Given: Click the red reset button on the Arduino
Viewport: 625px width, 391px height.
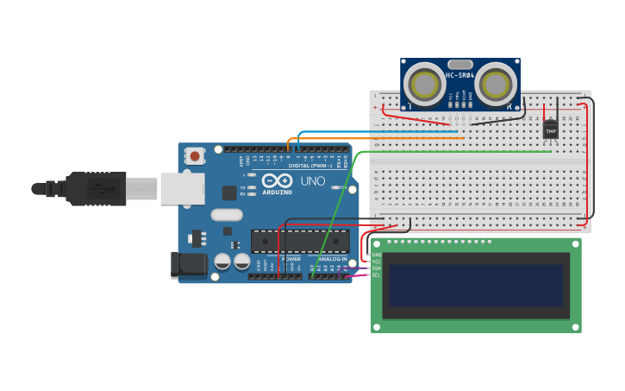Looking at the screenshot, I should pos(196,156).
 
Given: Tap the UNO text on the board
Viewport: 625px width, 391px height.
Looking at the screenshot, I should pos(312,181).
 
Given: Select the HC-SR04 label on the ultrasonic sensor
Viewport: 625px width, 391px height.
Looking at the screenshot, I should pos(460,75).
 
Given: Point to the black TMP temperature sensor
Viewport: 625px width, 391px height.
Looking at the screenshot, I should pos(550,129).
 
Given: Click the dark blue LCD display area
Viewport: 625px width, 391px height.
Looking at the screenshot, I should pos(476,286).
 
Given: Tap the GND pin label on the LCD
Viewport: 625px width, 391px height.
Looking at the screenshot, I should pos(376,255).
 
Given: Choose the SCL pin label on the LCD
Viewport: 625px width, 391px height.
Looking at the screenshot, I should pos(376,275).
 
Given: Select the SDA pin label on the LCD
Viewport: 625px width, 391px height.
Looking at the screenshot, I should pos(376,268).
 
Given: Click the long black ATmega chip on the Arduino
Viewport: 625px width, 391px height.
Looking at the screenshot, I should pos(300,241).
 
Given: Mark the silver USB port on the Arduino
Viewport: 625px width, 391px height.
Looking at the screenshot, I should pos(182,188).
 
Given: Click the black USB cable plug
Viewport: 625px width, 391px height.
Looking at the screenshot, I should pos(95,188).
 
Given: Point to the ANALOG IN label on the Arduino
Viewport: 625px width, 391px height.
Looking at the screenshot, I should pos(332,259).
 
